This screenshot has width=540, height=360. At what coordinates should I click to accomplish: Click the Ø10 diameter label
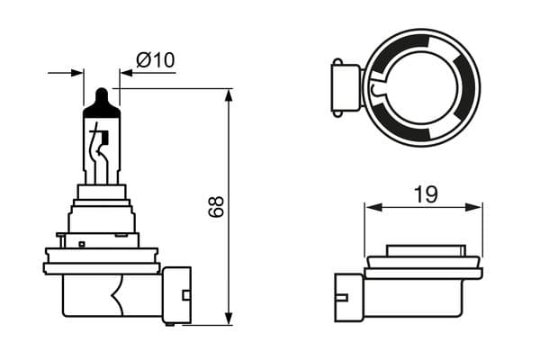(x=156, y=60)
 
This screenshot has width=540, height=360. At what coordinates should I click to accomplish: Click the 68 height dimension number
(x=216, y=206)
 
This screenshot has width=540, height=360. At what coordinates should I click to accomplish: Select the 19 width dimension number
(x=426, y=193)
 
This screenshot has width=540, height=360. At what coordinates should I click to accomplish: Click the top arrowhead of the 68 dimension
(x=229, y=94)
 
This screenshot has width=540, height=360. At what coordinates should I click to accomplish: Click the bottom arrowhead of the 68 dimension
(x=229, y=318)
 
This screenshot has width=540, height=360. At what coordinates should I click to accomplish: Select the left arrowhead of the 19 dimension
(x=371, y=207)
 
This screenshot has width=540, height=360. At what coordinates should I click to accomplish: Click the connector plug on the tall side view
(x=176, y=294)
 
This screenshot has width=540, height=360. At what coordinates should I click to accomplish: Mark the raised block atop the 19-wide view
(x=424, y=251)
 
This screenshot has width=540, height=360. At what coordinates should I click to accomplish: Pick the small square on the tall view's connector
(x=185, y=295)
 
